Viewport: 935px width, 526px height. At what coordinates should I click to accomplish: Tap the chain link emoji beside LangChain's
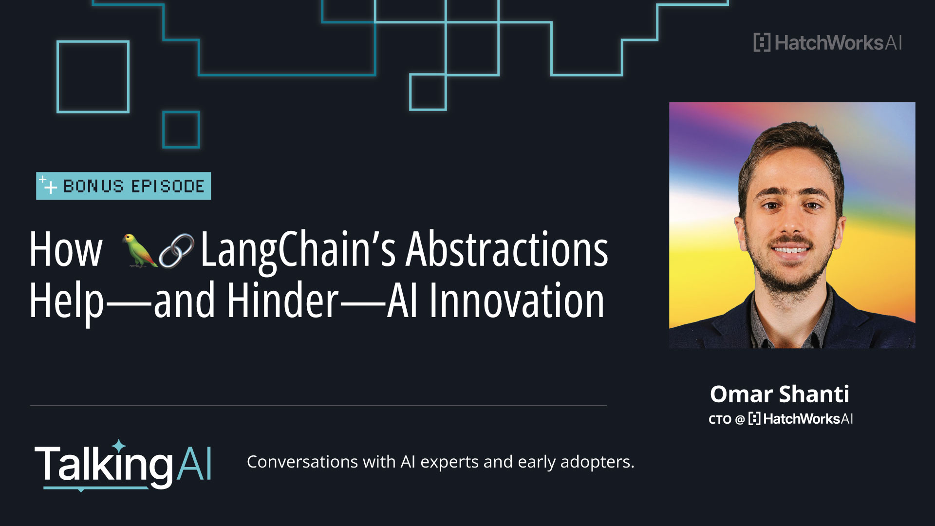[x=176, y=250]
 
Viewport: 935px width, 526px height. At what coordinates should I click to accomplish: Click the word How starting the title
[x=66, y=250]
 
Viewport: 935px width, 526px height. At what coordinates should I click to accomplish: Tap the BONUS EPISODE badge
[x=123, y=186]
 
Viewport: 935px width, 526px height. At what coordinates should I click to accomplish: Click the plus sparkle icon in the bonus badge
[x=48, y=185]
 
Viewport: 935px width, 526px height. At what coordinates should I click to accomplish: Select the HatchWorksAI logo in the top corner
[x=827, y=43]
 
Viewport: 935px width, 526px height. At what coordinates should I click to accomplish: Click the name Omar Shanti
[x=779, y=394]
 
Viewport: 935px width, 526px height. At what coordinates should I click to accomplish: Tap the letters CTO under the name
[x=720, y=419]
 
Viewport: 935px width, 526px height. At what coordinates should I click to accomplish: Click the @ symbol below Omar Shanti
[x=740, y=419]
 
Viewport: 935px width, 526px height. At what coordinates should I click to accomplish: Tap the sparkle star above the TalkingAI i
[x=119, y=445]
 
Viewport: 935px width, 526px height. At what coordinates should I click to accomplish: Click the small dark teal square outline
[x=181, y=130]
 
